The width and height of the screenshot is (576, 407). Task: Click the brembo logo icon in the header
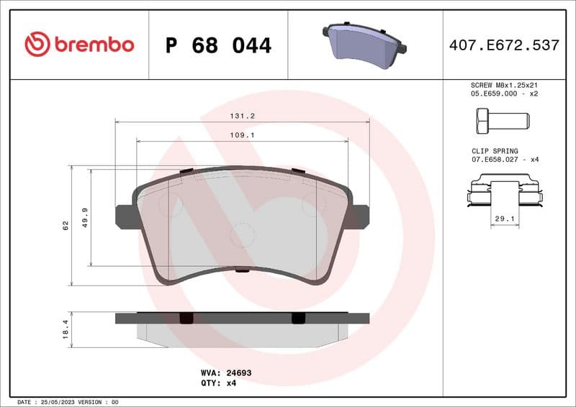click(37, 45)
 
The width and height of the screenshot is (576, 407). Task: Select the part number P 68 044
click(218, 45)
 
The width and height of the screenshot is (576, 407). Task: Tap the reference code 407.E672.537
click(504, 45)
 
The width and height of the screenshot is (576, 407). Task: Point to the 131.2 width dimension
click(243, 116)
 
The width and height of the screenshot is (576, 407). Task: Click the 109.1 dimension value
click(243, 134)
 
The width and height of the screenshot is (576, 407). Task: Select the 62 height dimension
click(66, 226)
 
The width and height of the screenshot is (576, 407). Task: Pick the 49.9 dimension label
click(85, 217)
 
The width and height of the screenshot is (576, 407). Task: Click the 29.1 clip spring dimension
click(505, 218)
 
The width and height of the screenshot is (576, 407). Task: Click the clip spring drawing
click(504, 193)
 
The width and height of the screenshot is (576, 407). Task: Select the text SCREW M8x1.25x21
click(504, 85)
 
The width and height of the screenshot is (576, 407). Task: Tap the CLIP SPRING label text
click(494, 151)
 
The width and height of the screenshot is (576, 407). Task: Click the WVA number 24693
click(237, 373)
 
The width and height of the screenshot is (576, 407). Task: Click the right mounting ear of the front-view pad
click(360, 216)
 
